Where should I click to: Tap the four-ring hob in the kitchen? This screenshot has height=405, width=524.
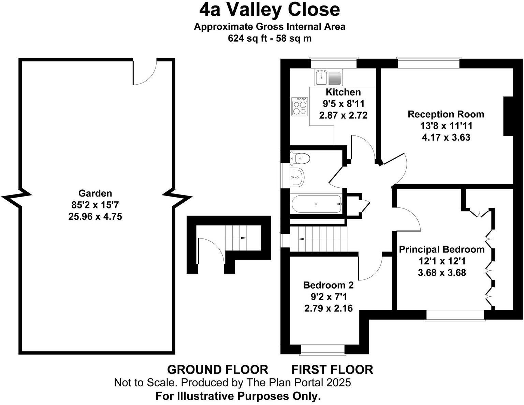point(300,106)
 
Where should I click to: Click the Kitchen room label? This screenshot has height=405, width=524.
point(343,92)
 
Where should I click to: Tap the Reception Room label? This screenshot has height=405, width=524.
point(446,114)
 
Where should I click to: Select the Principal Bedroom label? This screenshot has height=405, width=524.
point(442,249)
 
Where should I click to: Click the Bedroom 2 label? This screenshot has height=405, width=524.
point(328,285)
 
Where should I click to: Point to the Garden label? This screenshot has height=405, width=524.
point(95,193)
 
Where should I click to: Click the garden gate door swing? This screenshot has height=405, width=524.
point(145,72)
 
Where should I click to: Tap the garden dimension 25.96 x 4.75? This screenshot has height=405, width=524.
point(95,216)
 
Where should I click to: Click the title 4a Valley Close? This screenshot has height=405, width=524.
point(270,10)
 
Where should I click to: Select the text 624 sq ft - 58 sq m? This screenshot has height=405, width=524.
point(270,38)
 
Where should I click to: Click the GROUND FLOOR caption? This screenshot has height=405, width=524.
point(218,370)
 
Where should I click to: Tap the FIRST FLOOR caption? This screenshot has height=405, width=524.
point(332,370)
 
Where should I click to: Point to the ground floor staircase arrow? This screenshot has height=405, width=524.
point(243,237)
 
